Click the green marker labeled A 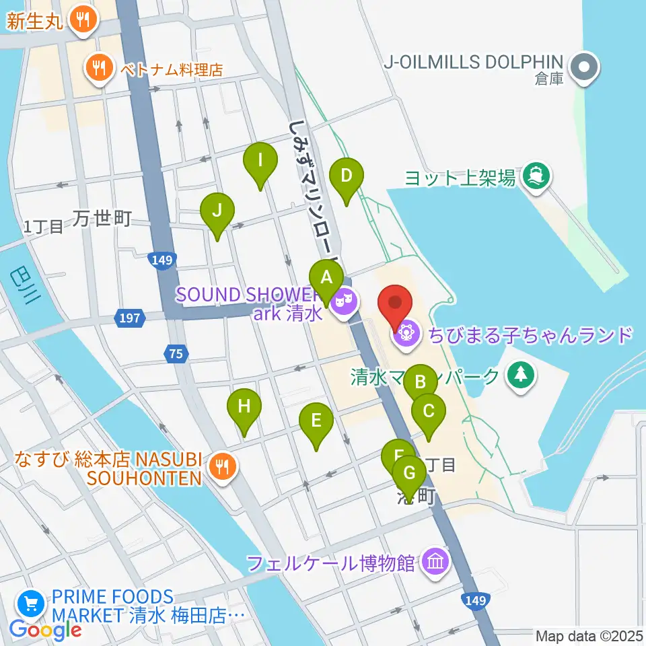tap(326, 278)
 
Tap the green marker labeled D tap(347, 177)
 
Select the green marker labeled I tap(260, 161)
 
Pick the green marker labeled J tap(217, 211)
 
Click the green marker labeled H tap(244, 407)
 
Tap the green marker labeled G tap(408, 474)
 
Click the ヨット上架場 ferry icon tap(536, 177)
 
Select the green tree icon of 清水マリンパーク tap(519, 375)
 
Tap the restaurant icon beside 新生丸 tap(83, 19)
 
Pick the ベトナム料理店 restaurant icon tap(98, 67)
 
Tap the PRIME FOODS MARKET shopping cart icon tap(30, 604)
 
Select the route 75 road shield tap(175, 355)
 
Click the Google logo tap(45, 630)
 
